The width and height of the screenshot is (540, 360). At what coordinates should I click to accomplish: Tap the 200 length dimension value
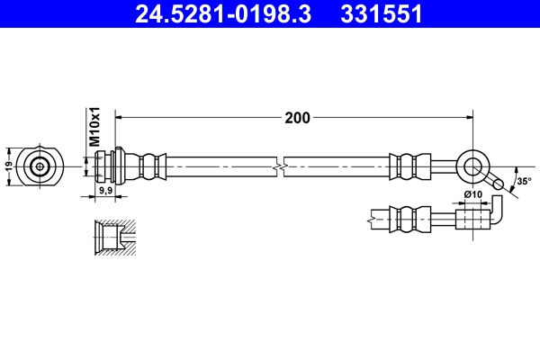coord(298,117)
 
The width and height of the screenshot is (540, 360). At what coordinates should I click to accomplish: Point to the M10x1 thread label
coord(93,128)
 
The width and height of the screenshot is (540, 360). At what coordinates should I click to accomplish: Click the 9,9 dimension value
coord(104,191)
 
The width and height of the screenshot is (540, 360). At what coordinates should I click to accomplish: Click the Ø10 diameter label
coord(472,194)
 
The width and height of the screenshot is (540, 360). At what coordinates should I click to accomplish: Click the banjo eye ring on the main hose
coord(472,166)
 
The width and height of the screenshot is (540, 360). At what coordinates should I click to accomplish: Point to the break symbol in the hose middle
coord(282,166)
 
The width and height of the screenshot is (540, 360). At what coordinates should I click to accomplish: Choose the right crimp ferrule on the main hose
coord(407,166)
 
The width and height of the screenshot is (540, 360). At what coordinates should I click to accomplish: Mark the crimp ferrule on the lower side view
coord(406,217)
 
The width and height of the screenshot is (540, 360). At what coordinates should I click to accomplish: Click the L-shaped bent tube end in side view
coord(497,212)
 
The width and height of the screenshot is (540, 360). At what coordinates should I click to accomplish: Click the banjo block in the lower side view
coord(470,217)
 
